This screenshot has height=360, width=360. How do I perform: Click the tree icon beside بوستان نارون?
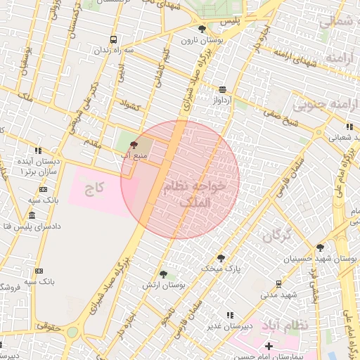[x=202, y=29]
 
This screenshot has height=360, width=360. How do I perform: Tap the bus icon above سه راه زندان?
[x=113, y=39]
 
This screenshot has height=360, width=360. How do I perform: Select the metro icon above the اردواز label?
[x=223, y=89]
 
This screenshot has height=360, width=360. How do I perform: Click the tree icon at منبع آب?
[x=134, y=145]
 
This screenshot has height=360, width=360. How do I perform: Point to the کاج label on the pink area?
[x=94, y=188]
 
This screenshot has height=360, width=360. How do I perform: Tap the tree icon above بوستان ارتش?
[x=163, y=274]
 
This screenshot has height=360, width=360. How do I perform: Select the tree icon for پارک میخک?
[x=220, y=258]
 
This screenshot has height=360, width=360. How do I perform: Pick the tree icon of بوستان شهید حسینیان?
[x=320, y=247]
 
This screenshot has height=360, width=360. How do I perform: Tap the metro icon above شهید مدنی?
[x=278, y=283]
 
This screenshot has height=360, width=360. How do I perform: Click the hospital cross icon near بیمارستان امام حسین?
[x=269, y=346]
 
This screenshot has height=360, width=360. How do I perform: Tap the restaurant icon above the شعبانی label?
[x=349, y=127]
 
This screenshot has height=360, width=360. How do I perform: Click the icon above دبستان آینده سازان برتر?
[x=38, y=150]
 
